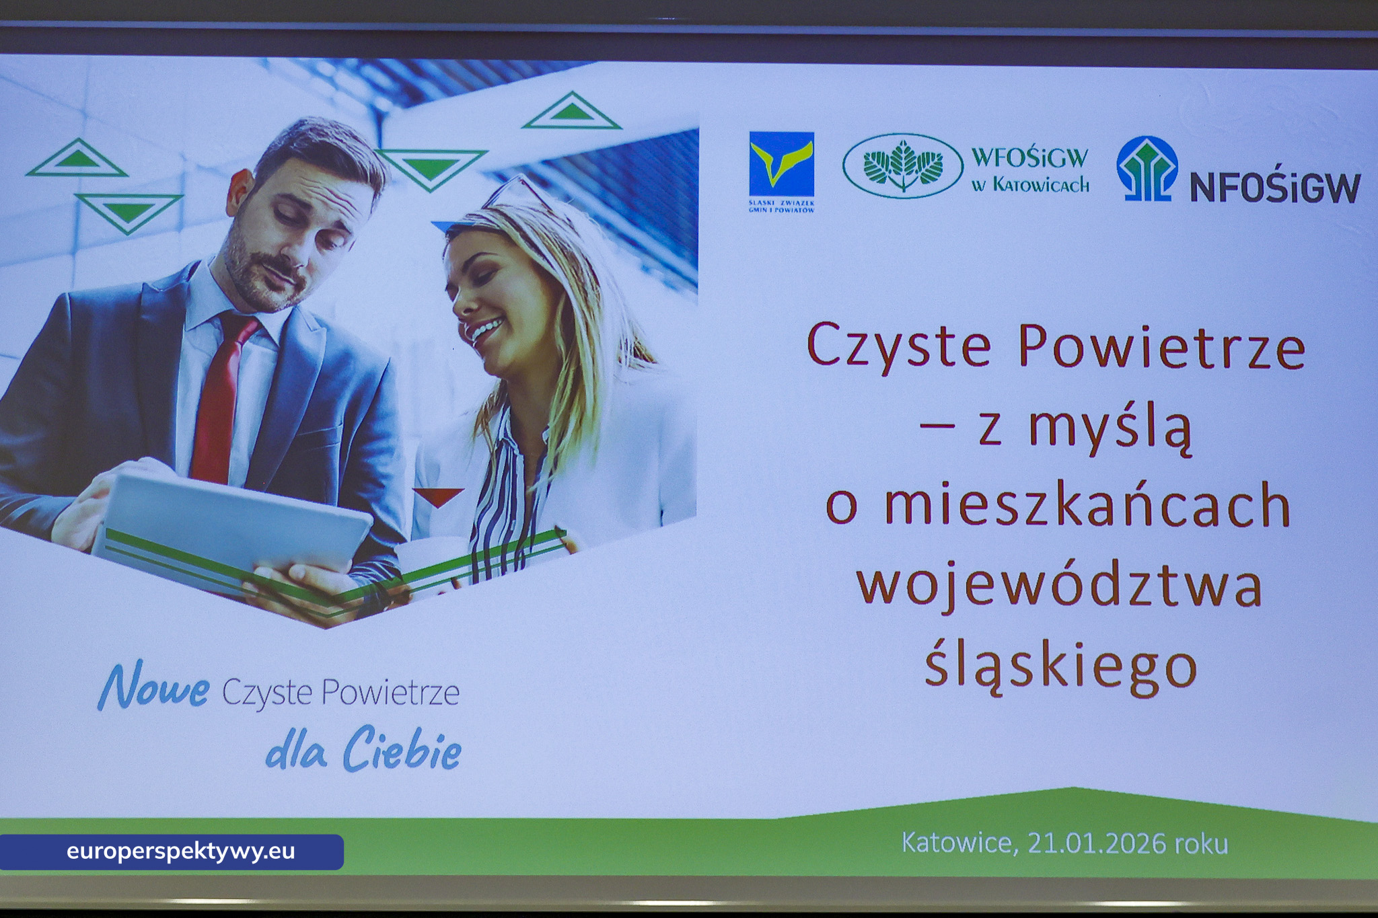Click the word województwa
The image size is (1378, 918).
1059,584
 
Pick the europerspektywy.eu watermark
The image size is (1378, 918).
180,851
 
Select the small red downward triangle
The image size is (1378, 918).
438,497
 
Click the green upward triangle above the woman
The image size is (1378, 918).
572,112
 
